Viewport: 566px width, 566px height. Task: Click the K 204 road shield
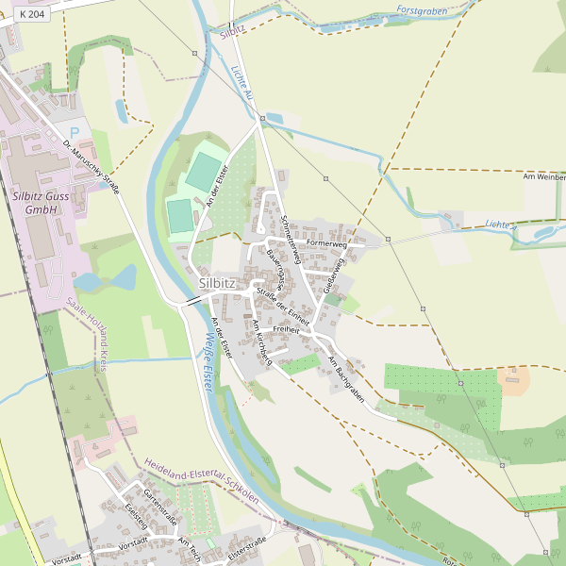coord(31,16)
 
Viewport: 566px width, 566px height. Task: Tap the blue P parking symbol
coord(74,133)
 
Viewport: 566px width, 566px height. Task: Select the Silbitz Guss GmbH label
coord(42,202)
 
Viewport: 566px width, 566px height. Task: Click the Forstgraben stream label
coord(420,9)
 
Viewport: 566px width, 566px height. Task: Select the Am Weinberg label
coord(544,176)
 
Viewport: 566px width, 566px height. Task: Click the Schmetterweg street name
coord(291,232)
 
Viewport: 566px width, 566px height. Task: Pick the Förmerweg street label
coord(327,245)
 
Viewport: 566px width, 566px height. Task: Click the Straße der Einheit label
coord(283,304)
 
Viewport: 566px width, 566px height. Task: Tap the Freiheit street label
coord(285,329)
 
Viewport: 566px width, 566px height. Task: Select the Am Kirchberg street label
coord(261,342)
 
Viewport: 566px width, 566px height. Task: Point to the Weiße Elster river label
coord(202,363)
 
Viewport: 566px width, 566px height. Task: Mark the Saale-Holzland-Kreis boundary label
coord(86,334)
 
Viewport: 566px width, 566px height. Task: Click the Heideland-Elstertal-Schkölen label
coord(202,481)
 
